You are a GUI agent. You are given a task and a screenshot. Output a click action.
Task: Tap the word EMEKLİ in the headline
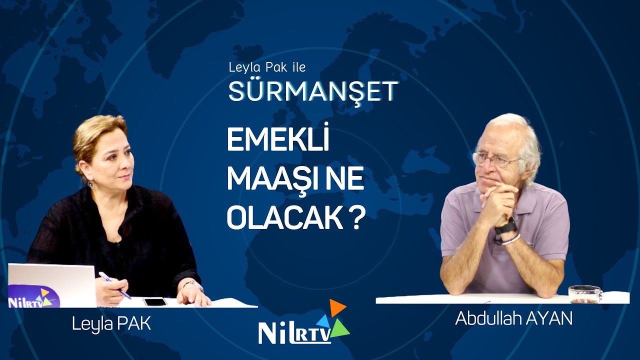click(278, 142)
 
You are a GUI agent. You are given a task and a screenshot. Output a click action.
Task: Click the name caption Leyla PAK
click(111, 323)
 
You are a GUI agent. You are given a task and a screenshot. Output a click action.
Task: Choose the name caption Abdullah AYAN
click(513, 318)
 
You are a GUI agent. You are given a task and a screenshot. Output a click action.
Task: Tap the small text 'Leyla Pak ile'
click(266, 67)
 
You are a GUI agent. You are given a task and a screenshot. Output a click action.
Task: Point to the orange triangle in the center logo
click(337, 307)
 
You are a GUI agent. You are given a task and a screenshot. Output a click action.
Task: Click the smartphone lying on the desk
click(155, 301)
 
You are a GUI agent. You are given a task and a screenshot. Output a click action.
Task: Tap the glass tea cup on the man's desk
click(584, 294)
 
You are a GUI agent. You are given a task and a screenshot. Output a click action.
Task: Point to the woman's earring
click(90, 183)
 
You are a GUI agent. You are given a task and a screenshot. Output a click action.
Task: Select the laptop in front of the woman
click(52, 285)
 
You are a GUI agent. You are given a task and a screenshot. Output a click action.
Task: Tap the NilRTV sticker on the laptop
click(33, 296)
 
